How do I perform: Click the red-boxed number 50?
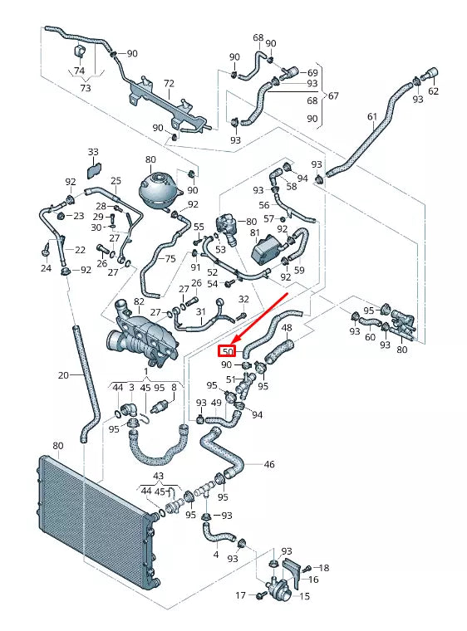(229, 351)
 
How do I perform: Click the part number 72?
(169, 85)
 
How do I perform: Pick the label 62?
(433, 91)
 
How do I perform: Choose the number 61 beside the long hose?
(372, 117)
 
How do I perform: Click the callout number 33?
(93, 152)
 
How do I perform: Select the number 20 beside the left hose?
(63, 375)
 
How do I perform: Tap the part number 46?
(269, 464)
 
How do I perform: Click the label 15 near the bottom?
(304, 596)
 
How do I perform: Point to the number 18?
(324, 568)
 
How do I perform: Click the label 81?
(255, 233)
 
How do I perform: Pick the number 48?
(288, 328)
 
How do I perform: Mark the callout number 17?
(241, 595)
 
